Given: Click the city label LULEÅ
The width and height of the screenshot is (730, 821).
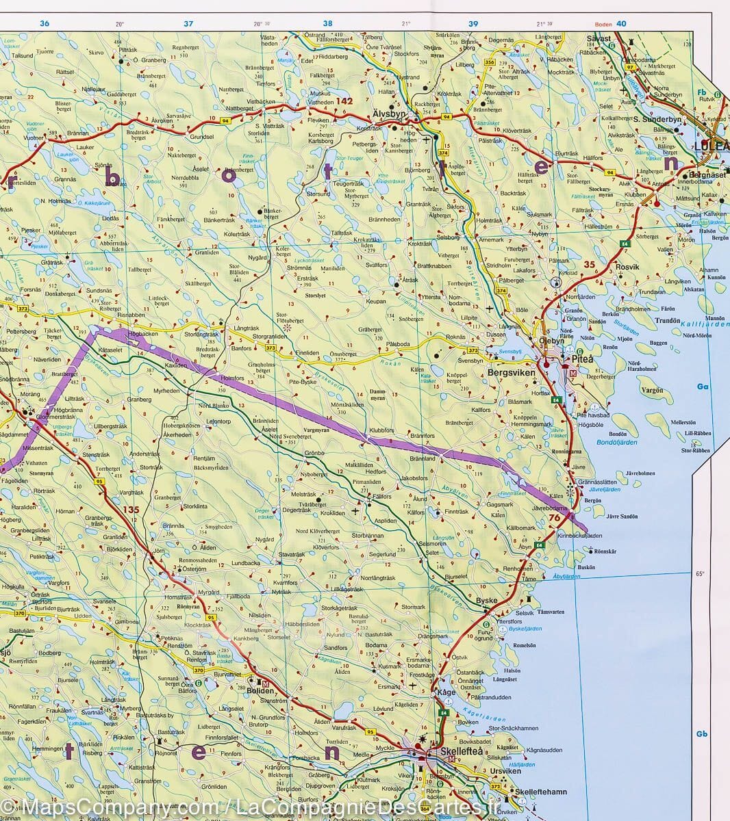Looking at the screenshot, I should pos(712,146).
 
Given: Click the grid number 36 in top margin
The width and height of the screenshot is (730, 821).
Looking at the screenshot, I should pos(45,24).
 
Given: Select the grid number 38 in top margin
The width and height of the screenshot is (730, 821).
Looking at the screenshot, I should pos(328,24).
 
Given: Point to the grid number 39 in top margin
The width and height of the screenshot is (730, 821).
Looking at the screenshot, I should pos(473,24).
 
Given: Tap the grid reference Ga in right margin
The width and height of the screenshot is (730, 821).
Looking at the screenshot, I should pos(703,387).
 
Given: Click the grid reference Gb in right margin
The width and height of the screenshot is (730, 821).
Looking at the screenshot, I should pos(702,734).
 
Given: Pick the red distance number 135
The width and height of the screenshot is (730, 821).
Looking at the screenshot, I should pos(130,510).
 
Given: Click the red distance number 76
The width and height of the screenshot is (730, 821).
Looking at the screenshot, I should pos(555,518).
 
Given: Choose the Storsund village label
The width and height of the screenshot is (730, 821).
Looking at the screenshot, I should pos(318,194).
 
